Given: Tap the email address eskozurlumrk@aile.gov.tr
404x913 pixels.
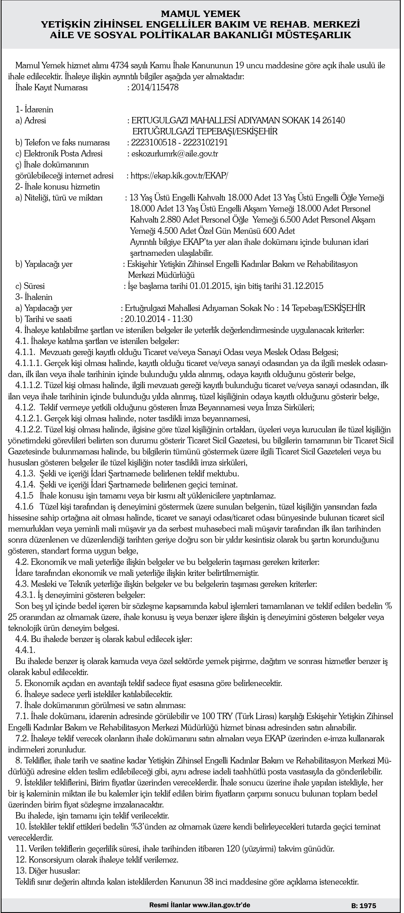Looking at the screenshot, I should click(174, 153).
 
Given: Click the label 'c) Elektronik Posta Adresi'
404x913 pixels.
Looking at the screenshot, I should click(59, 153).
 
